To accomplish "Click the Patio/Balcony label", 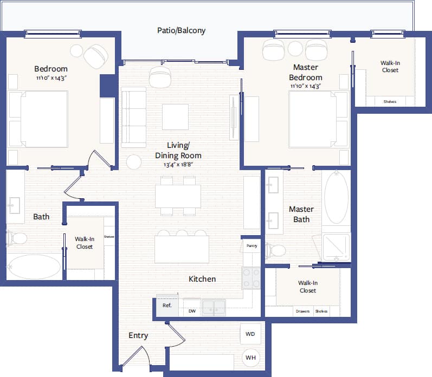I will (181, 31).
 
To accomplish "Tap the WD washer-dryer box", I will (250, 334).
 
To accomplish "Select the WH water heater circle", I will (250, 357).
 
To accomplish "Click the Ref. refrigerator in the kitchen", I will (167, 305).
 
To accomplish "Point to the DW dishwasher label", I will (192, 311).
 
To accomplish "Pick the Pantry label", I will (252, 245).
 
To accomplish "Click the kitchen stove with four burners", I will (251, 278).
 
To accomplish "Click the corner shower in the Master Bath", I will (337, 246).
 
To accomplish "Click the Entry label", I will (138, 336).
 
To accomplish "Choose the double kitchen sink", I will (214, 308).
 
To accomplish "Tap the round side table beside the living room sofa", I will (134, 162).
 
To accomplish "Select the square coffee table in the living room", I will (175, 117).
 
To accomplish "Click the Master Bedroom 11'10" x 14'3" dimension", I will (306, 86).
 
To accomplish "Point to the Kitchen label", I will (202, 279).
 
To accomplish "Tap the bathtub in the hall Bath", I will (34, 267).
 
